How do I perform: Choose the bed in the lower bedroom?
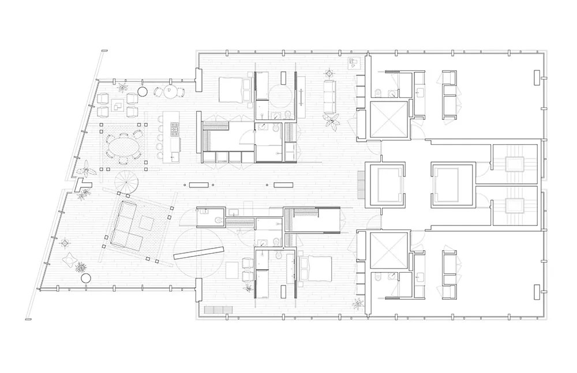[x=314, y=268]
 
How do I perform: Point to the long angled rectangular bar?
[x=198, y=253]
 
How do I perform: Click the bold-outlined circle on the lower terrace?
[x=86, y=278]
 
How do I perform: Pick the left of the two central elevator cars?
[x=387, y=184]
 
